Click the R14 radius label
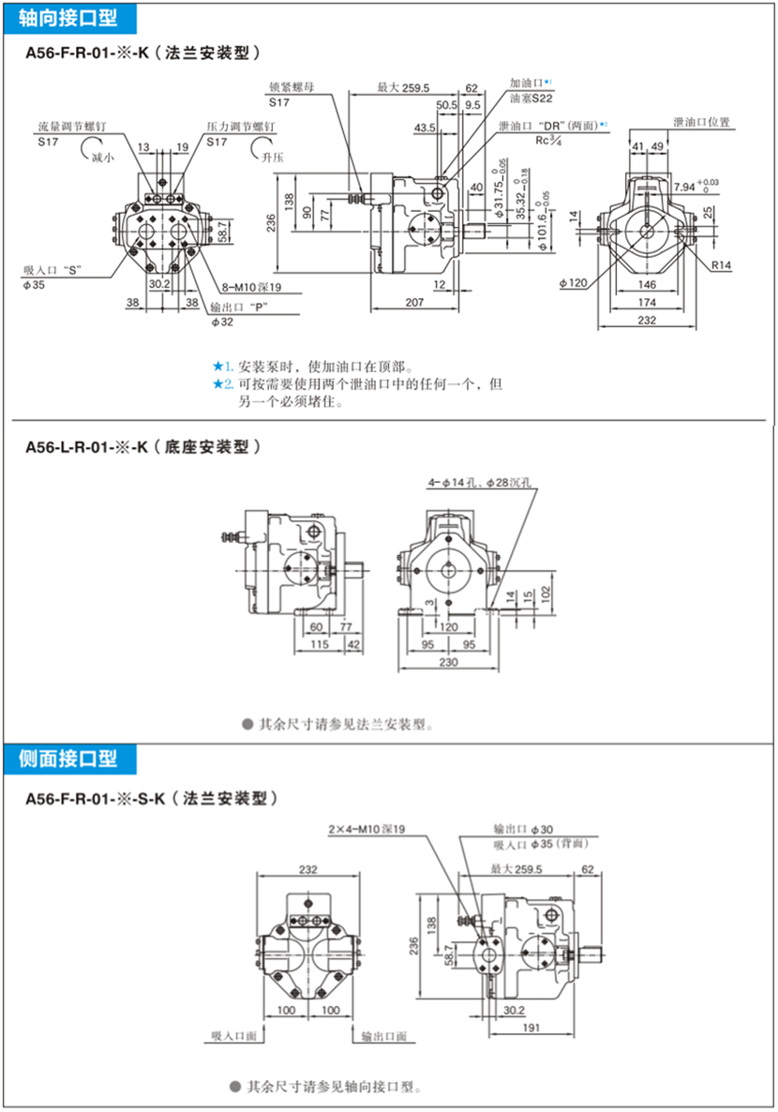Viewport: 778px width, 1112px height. [720, 266]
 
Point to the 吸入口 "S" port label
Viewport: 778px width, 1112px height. [52, 270]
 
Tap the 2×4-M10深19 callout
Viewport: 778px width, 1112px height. [367, 830]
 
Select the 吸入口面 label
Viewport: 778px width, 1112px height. [233, 1036]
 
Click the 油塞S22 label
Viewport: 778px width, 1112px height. [531, 97]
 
